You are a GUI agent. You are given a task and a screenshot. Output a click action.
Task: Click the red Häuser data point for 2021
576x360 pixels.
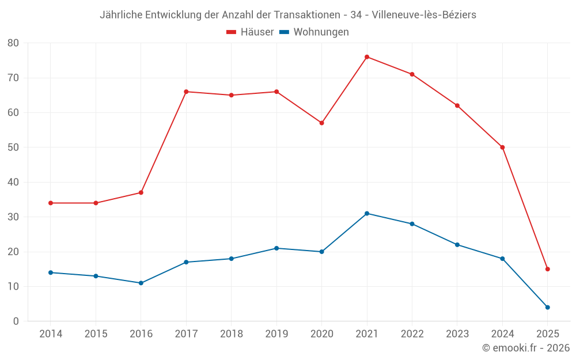point(367,57)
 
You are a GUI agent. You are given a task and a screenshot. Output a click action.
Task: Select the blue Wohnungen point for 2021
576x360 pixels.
point(367,214)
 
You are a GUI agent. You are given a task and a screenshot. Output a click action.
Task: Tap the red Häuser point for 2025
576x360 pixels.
point(548,269)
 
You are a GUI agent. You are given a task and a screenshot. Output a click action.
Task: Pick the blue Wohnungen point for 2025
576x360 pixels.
point(548,308)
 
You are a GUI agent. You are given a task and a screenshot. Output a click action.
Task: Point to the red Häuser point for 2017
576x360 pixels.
point(186,92)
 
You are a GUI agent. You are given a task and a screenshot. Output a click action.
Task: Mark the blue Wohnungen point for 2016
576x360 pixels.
point(141,283)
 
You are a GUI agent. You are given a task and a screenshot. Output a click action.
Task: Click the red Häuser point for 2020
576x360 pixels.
point(321,123)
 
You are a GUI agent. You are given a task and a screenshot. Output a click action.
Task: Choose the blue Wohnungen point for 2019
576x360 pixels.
point(276,248)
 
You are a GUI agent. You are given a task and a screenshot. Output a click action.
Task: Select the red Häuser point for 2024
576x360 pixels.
point(502,147)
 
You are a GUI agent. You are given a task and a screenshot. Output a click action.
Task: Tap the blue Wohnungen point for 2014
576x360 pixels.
point(51,272)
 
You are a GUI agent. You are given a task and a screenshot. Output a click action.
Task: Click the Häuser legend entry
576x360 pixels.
point(250,32)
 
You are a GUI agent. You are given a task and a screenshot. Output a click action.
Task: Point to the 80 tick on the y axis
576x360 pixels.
point(13,43)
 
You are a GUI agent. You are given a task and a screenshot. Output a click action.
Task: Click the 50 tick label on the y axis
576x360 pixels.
point(13,147)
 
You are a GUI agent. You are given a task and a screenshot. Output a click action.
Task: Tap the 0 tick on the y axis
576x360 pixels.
point(16,321)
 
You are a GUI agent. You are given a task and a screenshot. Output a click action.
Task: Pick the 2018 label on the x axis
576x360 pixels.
point(231,334)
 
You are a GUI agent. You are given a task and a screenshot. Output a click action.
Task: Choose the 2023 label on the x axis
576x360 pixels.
point(457,334)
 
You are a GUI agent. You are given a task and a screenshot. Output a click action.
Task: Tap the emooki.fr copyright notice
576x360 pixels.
point(525,348)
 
